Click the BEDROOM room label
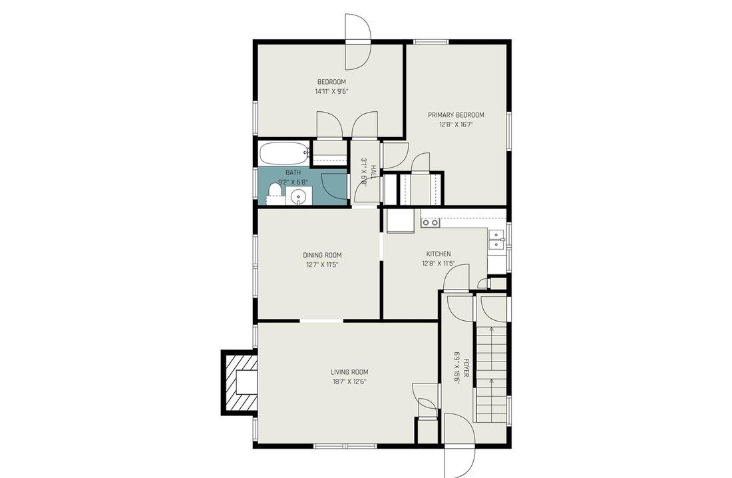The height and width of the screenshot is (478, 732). coord(331,82)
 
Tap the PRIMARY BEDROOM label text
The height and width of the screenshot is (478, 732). coord(456,115)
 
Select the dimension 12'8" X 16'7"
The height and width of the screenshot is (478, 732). coord(456,124)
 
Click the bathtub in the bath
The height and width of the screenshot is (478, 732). coord(284,152)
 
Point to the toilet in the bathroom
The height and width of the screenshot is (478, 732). coord(275,192)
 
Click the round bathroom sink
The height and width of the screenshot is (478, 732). coord(298,196)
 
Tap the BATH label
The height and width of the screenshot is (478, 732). coord(293,172)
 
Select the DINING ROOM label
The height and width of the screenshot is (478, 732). coord(322,255)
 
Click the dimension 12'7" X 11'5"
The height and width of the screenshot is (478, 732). coord(322,265)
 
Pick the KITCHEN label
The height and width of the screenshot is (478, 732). coord(439,254)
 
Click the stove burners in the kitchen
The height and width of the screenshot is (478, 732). coord(430,223)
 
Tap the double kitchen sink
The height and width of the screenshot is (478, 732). coord(495,239)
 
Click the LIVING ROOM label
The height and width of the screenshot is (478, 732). coord(349,372)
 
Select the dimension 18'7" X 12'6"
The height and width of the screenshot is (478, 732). coord(349,382)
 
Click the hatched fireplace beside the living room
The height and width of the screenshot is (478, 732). coord(239,383)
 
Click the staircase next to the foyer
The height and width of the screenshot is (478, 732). coord(491,373)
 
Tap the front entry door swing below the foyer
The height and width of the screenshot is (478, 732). coord(459,444)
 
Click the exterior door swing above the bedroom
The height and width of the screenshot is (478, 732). coord(357,41)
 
